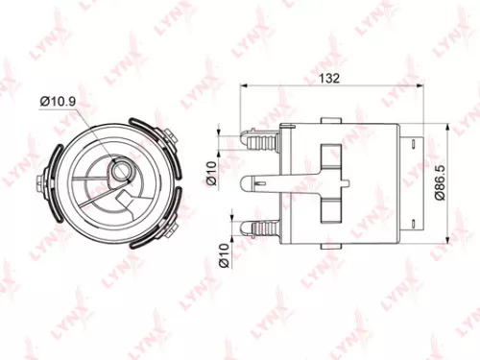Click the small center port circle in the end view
122,173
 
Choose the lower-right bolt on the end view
169,227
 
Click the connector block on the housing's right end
412,181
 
